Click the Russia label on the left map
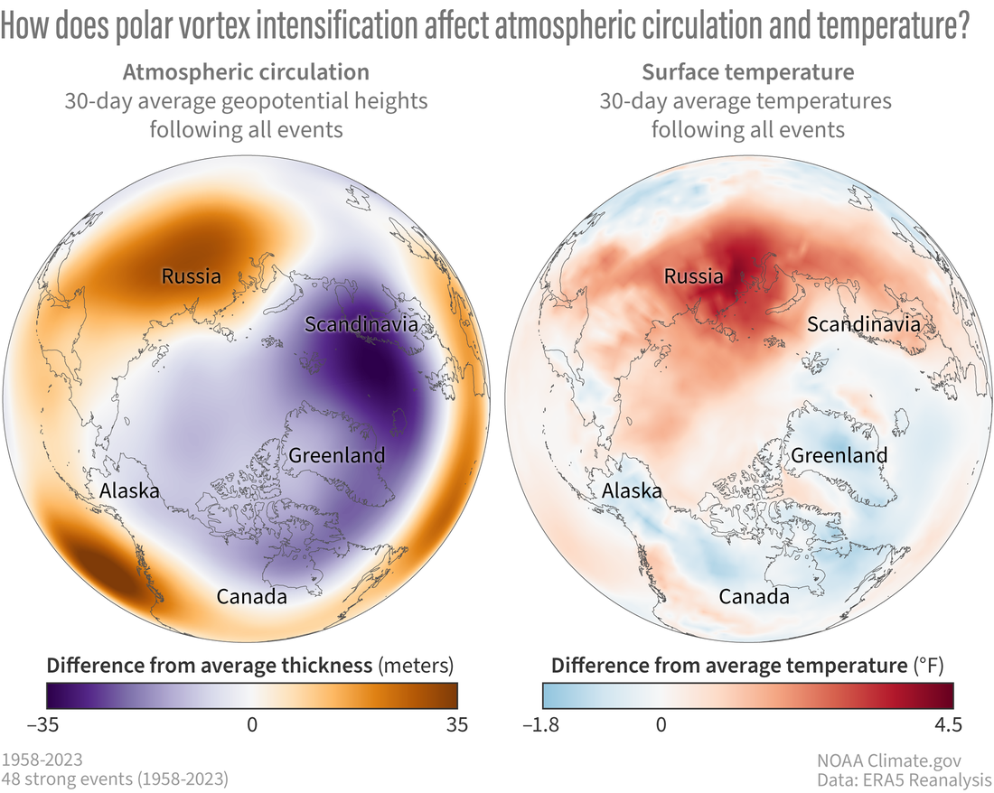191,275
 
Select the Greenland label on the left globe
336,455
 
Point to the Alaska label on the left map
129,491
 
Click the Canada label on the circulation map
252,597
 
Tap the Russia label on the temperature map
693,275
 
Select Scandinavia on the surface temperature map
864,324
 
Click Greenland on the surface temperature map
839,455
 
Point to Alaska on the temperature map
632,491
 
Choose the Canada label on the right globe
755,597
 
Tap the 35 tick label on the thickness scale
457,724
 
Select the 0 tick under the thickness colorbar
252,724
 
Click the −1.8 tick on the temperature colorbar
542,724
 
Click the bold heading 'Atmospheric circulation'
246,71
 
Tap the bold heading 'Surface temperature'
747,71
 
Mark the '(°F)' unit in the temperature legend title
928,666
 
